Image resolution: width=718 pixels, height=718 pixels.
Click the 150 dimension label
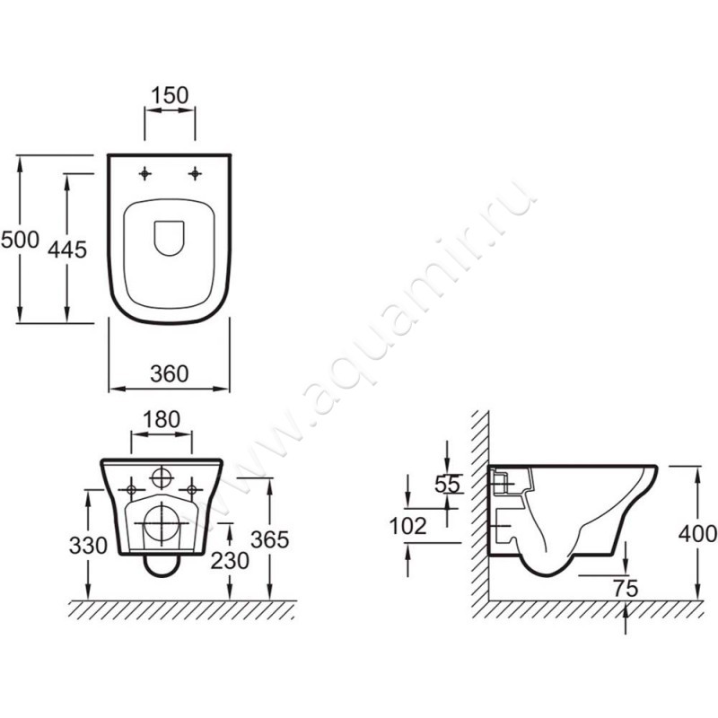pos(170,95)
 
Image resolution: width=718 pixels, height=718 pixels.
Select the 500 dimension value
pos(20,240)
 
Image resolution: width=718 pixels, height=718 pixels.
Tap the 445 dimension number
pos(67,250)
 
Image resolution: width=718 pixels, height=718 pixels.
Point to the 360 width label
pos(170,373)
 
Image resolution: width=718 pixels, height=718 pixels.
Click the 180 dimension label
pos(162,419)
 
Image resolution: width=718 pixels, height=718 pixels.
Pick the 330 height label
pos(88,546)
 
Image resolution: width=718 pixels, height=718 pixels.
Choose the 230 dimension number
pos(230,560)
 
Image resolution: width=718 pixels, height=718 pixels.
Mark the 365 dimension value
pos(270,539)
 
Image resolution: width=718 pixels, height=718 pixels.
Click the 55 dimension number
pos(447,484)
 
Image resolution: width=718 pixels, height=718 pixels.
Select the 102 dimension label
pos(407,526)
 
